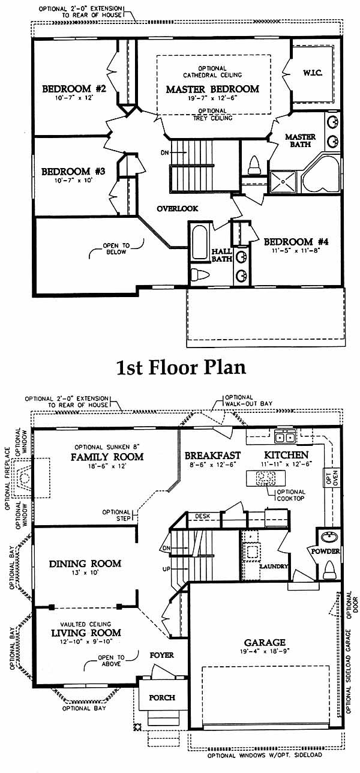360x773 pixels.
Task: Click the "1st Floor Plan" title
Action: click(181, 367)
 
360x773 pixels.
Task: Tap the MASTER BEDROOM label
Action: click(212, 89)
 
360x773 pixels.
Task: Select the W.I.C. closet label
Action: click(313, 73)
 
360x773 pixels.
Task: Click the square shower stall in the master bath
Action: click(283, 182)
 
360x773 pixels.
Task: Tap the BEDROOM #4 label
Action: click(296, 241)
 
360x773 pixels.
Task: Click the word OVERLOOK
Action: click(178, 208)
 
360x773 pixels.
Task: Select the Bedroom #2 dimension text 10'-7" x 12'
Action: click(74, 98)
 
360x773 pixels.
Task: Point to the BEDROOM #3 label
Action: click(73, 172)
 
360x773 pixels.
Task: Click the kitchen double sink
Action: click(285, 438)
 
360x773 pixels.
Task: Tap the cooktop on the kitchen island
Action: click(265, 478)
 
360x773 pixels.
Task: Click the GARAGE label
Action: click(265, 643)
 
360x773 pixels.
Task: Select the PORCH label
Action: click(162, 698)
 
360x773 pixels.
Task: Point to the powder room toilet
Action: click(329, 569)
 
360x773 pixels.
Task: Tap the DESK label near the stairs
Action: click(202, 516)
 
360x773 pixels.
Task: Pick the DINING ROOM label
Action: click(85, 564)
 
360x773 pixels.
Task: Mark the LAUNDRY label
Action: click(274, 567)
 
